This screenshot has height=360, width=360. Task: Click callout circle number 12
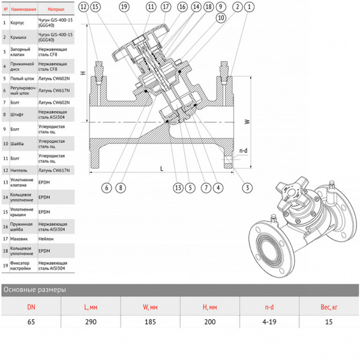pyautogui.click(x=83, y=7)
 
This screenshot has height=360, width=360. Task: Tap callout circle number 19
pyautogui.click(x=124, y=7)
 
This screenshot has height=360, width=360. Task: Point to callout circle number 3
pyautogui.click(x=246, y=188)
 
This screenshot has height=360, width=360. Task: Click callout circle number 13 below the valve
pyautogui.click(x=178, y=188)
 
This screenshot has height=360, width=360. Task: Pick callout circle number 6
pyautogui.click(x=106, y=188)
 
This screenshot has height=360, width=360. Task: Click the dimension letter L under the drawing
pyautogui.click(x=161, y=169)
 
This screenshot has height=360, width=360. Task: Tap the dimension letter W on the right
pyautogui.click(x=247, y=121)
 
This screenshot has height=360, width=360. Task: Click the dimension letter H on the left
pyautogui.click(x=84, y=73)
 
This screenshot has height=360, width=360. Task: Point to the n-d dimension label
pyautogui.click(x=243, y=151)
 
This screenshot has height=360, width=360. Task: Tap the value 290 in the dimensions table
pyautogui.click(x=91, y=322)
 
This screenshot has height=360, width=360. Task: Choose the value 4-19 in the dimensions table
pyautogui.click(x=269, y=322)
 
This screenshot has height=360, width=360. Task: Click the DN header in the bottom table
pyautogui.click(x=31, y=307)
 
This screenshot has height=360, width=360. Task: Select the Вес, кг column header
pyautogui.click(x=329, y=307)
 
